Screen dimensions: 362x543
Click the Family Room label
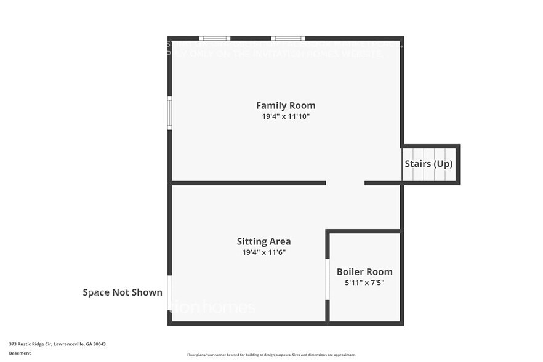click(286, 105)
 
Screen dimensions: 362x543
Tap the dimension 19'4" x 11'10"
click(286, 116)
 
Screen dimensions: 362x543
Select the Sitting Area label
click(263, 241)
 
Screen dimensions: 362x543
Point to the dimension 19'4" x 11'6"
click(263, 252)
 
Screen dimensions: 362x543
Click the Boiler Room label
click(364, 271)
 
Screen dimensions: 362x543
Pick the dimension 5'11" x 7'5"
click(364, 283)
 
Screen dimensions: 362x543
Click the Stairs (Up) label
click(428, 164)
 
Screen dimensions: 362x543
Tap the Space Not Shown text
click(123, 292)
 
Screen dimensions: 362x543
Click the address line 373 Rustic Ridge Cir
click(53, 344)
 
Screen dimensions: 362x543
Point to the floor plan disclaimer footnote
click(271, 355)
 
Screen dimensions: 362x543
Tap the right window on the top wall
click(289, 38)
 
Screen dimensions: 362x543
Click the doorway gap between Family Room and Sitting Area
click(345, 183)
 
